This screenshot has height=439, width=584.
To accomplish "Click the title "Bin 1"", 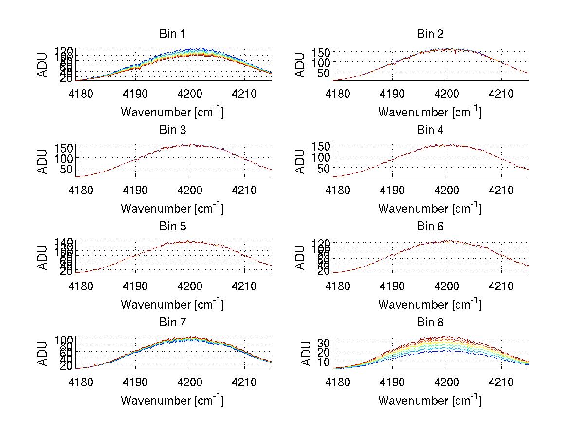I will coord(172,34).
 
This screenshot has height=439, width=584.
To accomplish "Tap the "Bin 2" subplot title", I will coord(430,34).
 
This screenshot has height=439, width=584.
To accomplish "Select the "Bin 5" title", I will coord(172,227).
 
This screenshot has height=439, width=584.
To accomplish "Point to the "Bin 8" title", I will coord(430,323).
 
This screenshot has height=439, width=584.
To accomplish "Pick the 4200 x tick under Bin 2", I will coord(447,93).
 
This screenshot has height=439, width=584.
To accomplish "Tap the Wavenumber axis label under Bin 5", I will coord(172,305).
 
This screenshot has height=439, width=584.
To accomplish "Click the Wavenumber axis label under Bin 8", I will coord(430,401).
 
